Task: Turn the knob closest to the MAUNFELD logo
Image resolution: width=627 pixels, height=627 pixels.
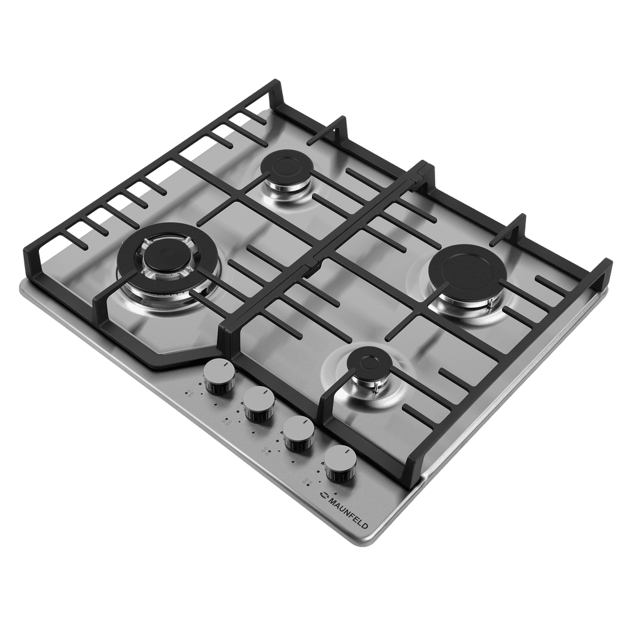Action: point(340,464)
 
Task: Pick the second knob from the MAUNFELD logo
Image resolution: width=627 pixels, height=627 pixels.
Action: point(299,433)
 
